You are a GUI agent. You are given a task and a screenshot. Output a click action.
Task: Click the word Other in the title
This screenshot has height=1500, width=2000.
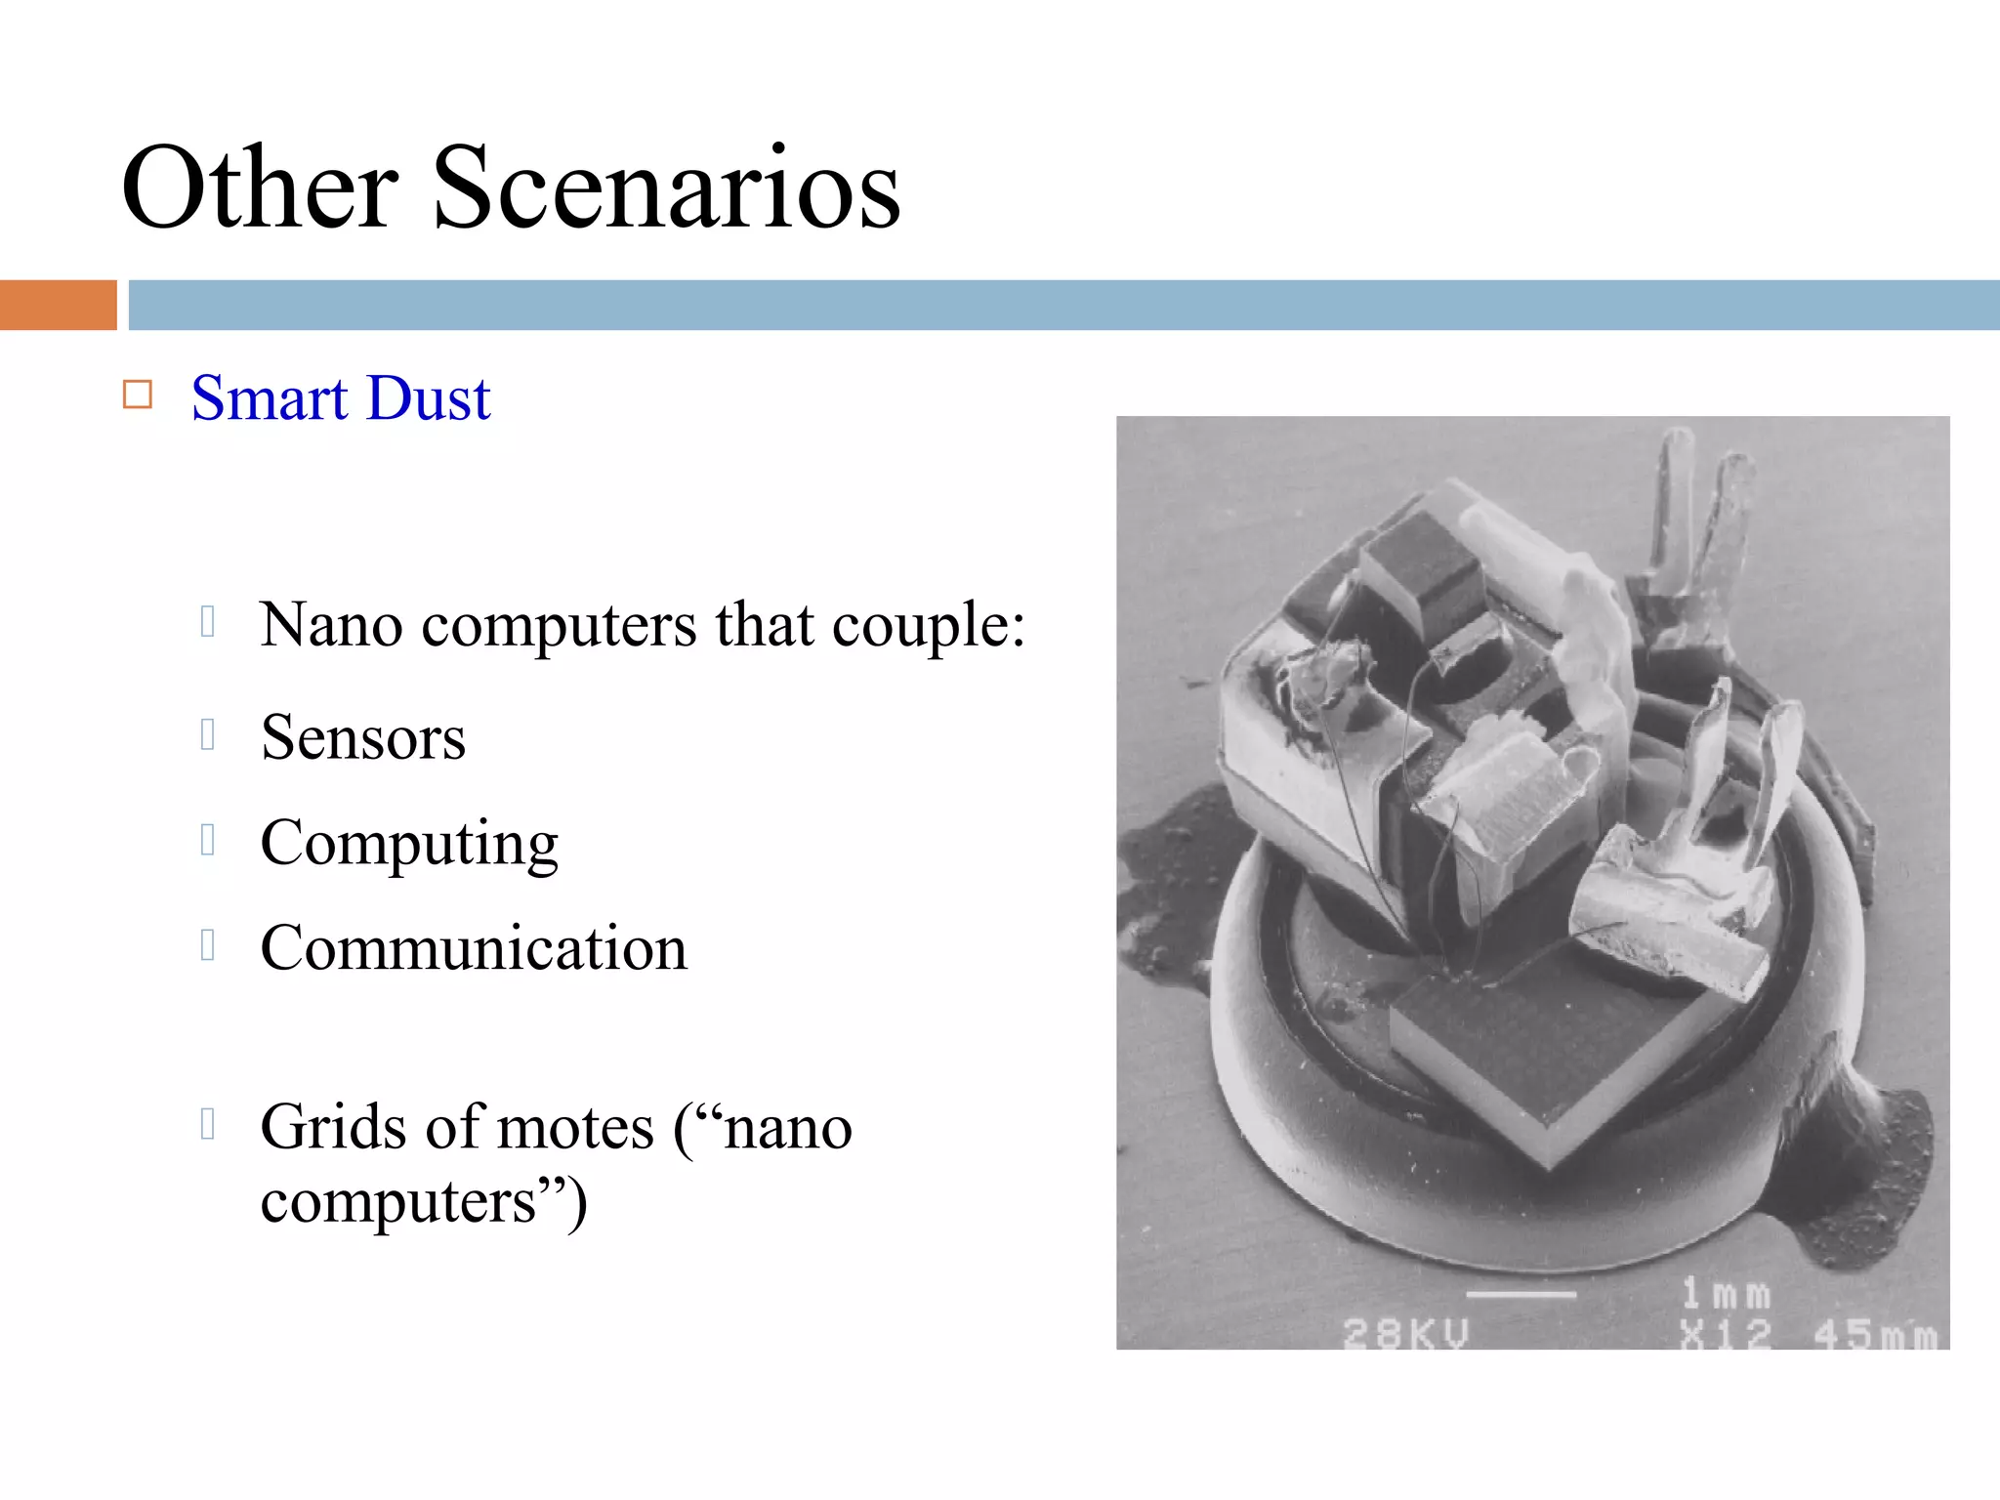pyautogui.click(x=260, y=187)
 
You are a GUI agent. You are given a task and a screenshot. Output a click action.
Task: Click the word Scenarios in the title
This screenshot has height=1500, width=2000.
pyautogui.click(x=666, y=187)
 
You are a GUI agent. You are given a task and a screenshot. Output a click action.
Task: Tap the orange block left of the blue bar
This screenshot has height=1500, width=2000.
pyautogui.click(x=58, y=305)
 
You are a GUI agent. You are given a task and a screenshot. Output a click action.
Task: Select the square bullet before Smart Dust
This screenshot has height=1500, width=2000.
pyautogui.click(x=138, y=395)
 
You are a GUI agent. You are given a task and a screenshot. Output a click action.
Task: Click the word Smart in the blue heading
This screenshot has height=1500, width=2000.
pyautogui.click(x=270, y=398)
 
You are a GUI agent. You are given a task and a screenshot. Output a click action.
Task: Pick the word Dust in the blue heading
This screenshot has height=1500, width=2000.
pyautogui.click(x=430, y=398)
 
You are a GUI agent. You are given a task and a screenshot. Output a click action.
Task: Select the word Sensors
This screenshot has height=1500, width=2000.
pyautogui.click(x=363, y=737)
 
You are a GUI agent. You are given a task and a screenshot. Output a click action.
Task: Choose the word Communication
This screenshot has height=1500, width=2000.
pyautogui.click(x=474, y=948)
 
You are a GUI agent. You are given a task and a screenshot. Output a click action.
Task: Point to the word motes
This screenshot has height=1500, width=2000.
pyautogui.click(x=575, y=1128)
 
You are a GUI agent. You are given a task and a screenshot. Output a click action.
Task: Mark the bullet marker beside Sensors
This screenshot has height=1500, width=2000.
pyautogui.click(x=207, y=734)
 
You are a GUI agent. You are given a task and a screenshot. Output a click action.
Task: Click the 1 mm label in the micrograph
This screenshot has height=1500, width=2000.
pyautogui.click(x=1726, y=1295)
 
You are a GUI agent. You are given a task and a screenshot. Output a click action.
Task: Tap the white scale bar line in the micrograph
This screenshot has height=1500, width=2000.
pyautogui.click(x=1521, y=1295)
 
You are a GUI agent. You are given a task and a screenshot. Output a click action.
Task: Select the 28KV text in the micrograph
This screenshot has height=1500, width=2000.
pyautogui.click(x=1405, y=1333)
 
